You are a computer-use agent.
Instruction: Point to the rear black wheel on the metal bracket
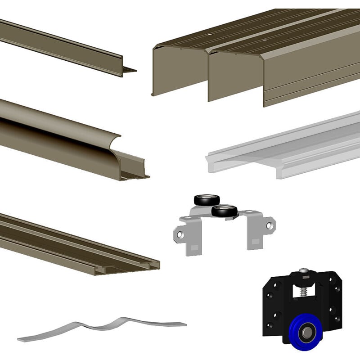tap(207, 200)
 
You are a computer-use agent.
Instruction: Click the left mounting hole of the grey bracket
tap(179, 234)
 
